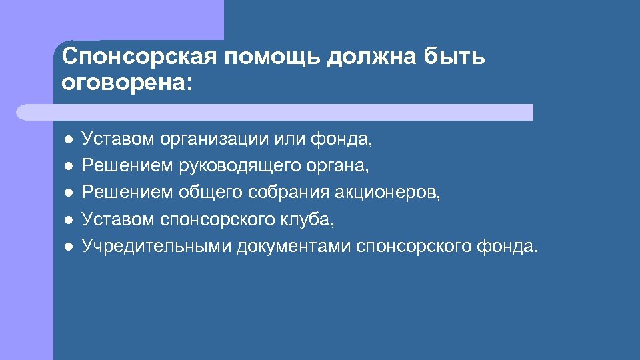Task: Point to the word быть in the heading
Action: (454, 57)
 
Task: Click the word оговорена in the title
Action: (123, 84)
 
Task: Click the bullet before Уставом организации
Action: (68, 140)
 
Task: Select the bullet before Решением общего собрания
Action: (68, 193)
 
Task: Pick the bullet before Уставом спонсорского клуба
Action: (68, 220)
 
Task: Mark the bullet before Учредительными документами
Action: (68, 247)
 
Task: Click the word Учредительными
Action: (148, 247)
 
